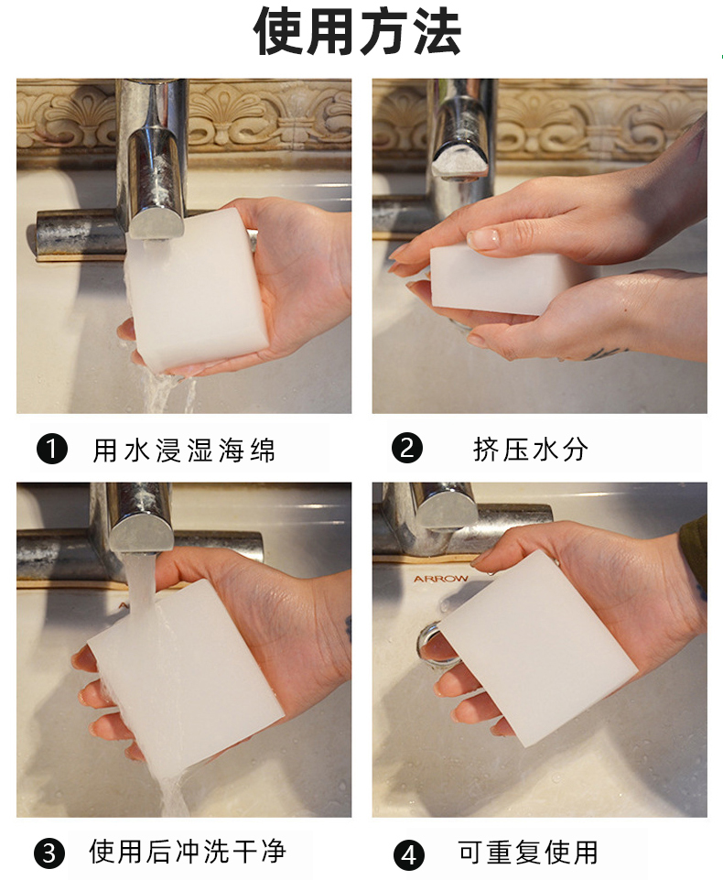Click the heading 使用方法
(357, 32)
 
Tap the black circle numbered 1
(51, 450)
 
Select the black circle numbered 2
(407, 449)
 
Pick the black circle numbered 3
(49, 853)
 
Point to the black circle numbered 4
(409, 854)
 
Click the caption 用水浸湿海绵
(184, 451)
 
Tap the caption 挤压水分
(531, 450)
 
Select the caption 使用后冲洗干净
(188, 852)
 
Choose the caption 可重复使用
(528, 853)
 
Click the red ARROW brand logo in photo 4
(441, 578)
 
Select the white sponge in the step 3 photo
(186, 678)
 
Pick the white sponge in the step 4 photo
(538, 648)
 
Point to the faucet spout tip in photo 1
(156, 221)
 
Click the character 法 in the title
(437, 32)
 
